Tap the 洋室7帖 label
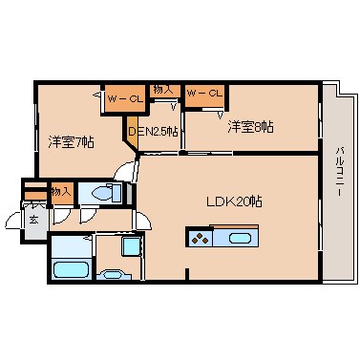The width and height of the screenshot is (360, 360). (72, 142)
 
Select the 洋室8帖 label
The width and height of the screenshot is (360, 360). (250, 125)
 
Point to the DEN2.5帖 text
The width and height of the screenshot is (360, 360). (154, 131)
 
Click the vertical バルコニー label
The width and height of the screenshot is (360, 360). (340, 182)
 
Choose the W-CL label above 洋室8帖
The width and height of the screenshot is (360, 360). (204, 93)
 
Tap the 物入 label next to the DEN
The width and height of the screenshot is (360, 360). (162, 90)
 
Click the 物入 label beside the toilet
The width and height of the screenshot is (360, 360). (60, 191)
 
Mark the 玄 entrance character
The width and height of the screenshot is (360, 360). (32, 219)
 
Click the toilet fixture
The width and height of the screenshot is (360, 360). (104, 193)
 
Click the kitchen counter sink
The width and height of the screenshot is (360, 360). (240, 238)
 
